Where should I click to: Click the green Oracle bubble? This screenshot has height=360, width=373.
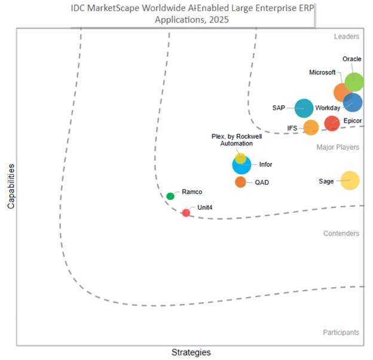click(354, 82)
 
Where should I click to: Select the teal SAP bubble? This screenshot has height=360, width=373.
click(304, 108)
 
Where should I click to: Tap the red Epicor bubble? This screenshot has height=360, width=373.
click(332, 123)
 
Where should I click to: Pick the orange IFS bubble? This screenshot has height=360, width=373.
click(311, 127)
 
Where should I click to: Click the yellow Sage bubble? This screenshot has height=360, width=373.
click(350, 180)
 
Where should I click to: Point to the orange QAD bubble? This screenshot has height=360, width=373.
click(240, 182)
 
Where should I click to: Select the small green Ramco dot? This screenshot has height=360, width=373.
click(170, 196)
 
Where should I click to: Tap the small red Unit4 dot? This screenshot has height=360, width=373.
click(186, 212)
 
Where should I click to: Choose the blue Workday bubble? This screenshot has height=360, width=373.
click(353, 102)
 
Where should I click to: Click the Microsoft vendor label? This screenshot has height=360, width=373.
click(322, 72)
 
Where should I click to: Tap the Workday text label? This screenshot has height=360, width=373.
click(328, 108)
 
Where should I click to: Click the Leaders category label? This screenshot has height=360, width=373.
click(346, 36)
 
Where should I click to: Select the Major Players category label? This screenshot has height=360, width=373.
click(338, 147)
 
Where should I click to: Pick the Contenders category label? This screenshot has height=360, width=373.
click(341, 233)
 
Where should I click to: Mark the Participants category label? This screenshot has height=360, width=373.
click(340, 332)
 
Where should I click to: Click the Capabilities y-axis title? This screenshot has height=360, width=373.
click(11, 187)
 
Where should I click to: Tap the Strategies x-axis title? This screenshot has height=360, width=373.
click(191, 352)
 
